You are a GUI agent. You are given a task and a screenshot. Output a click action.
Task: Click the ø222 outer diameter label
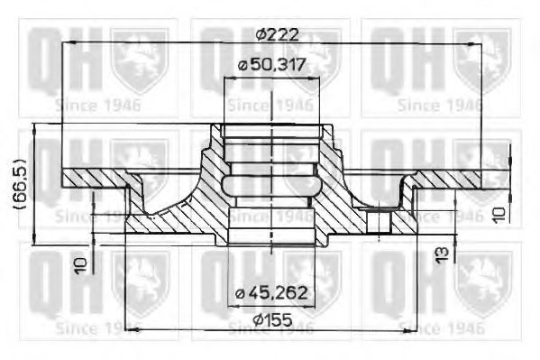[277, 33]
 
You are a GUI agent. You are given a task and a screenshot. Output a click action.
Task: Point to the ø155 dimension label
[271, 318]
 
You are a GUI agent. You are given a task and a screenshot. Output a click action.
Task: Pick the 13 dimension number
[441, 254]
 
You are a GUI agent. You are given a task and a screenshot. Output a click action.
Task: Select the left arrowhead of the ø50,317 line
[226, 79]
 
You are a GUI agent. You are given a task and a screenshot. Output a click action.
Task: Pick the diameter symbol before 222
[260, 33]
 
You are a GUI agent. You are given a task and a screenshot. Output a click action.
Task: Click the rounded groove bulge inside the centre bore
[270, 185]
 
